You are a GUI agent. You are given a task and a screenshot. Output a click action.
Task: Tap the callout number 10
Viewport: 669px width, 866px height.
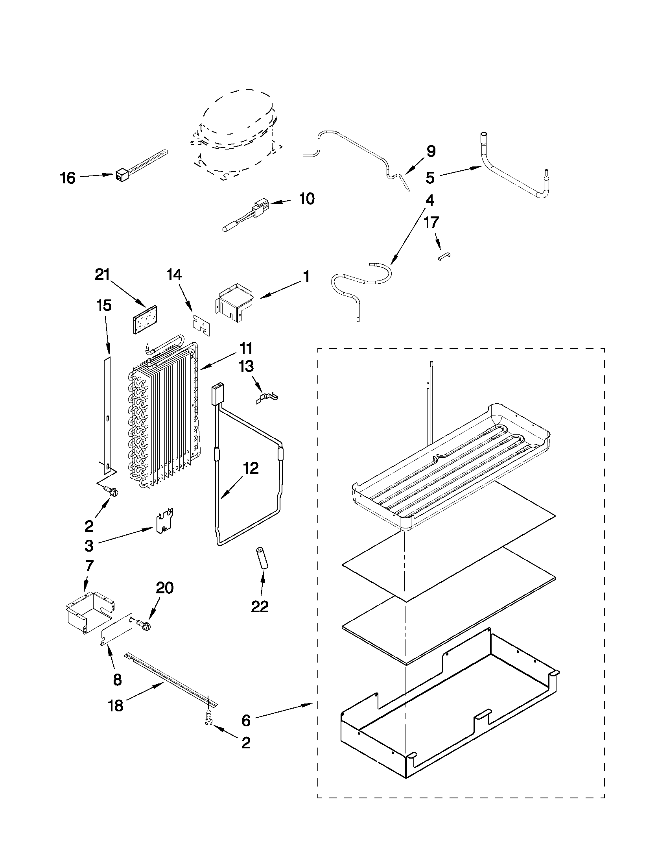pos(306,199)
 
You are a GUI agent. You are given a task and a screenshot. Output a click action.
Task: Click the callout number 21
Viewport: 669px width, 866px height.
pos(102,274)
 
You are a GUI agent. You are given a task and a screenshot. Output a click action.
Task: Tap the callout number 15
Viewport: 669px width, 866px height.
pos(104,305)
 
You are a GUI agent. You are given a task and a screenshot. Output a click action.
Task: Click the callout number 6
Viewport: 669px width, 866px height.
pos(246,720)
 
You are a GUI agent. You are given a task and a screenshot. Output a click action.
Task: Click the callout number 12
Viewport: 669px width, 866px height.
pos(251,468)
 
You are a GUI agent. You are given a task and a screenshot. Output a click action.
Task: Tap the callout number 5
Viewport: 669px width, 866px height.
pos(430,178)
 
